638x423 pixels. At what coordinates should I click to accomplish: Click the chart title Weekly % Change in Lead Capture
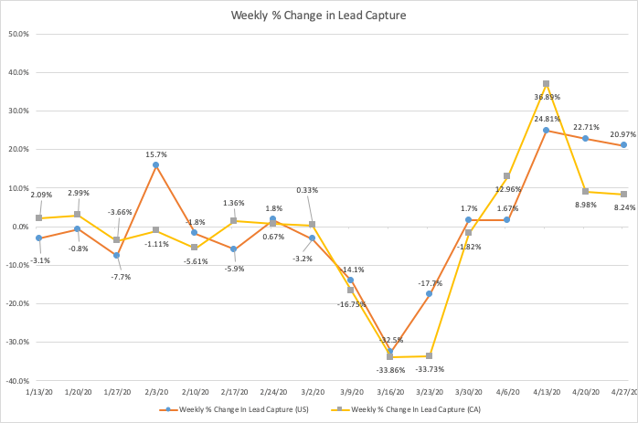click(319, 16)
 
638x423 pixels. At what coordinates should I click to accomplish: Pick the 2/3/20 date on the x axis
click(155, 391)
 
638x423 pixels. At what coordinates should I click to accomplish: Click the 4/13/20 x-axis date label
click(546, 391)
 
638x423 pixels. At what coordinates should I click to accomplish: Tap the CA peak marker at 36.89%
click(546, 84)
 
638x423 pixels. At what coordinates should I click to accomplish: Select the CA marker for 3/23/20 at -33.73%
click(429, 356)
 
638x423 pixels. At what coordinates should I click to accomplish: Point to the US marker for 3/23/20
click(429, 294)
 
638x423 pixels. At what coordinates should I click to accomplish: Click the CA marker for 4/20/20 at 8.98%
click(585, 192)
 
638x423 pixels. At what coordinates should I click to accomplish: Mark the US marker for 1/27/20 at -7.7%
click(116, 256)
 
